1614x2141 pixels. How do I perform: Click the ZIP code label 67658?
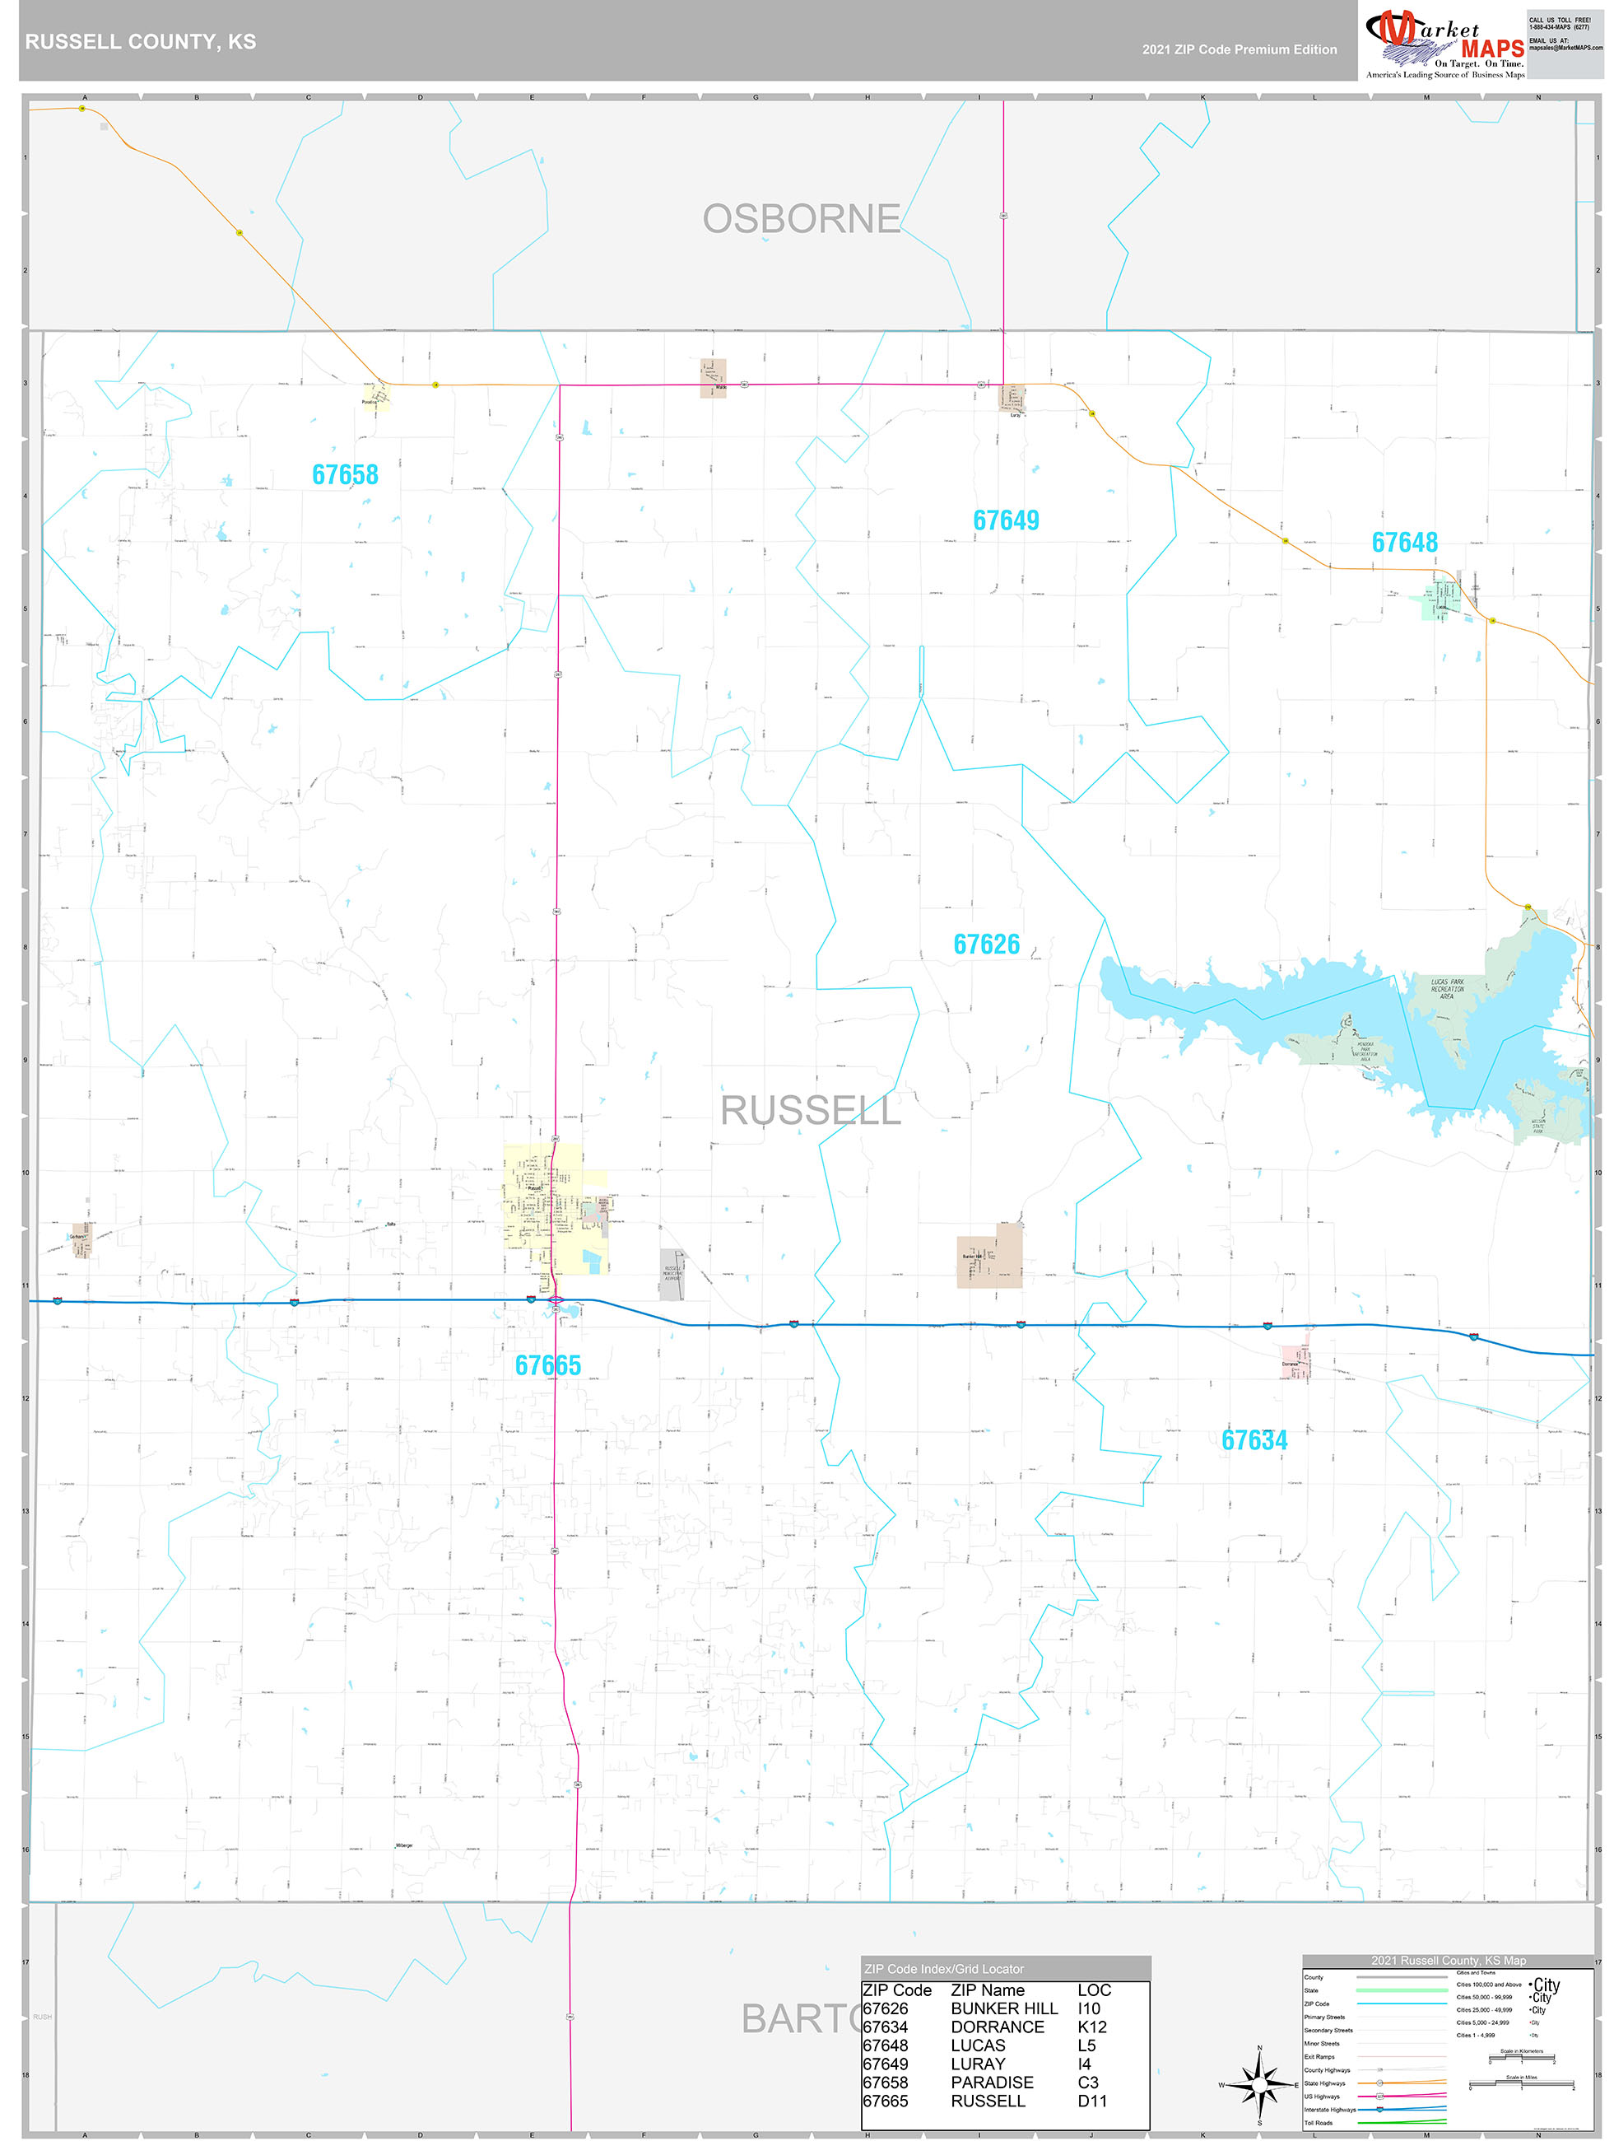tap(345, 475)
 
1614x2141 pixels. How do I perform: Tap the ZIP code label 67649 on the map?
tap(1006, 520)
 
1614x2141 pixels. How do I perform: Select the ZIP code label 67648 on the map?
tap(1404, 543)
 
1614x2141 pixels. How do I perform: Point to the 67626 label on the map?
tap(986, 945)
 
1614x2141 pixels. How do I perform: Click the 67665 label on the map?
tap(547, 1365)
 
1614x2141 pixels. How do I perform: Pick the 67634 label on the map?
tap(1254, 1440)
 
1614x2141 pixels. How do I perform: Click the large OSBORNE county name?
tap(801, 220)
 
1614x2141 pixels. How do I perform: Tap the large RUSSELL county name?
tap(811, 1111)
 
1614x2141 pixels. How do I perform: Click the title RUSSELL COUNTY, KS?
tap(140, 42)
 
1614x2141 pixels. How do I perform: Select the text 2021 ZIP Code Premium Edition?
tap(1239, 49)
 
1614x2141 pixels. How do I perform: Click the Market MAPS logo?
tap(1444, 44)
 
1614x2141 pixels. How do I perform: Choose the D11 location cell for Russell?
tap(1091, 2101)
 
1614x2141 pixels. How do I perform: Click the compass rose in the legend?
tap(1259, 2085)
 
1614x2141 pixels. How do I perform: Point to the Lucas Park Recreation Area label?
tap(1447, 988)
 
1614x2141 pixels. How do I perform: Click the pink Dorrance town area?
tap(1295, 1362)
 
